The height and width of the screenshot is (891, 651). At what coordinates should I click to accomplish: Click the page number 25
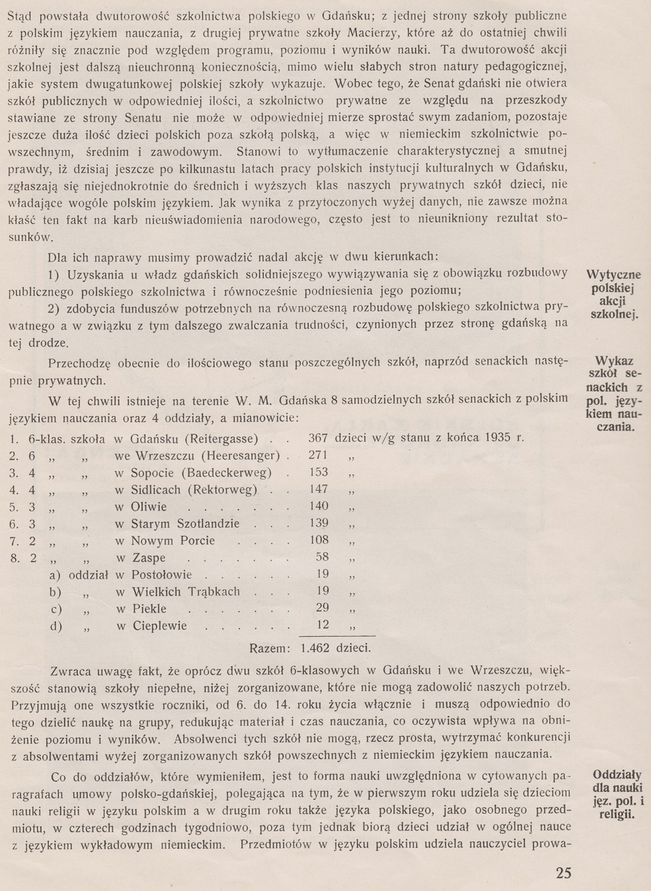[563, 873]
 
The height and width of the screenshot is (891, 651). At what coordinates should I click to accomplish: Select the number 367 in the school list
[319, 438]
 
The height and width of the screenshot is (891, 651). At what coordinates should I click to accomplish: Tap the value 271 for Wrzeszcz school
[319, 455]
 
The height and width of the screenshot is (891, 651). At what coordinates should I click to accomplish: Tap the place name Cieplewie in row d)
[159, 625]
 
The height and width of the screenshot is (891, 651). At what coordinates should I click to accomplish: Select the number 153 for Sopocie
[319, 472]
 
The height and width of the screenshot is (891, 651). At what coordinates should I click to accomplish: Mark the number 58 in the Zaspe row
[323, 558]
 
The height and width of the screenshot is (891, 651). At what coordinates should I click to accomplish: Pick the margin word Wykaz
[615, 361]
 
